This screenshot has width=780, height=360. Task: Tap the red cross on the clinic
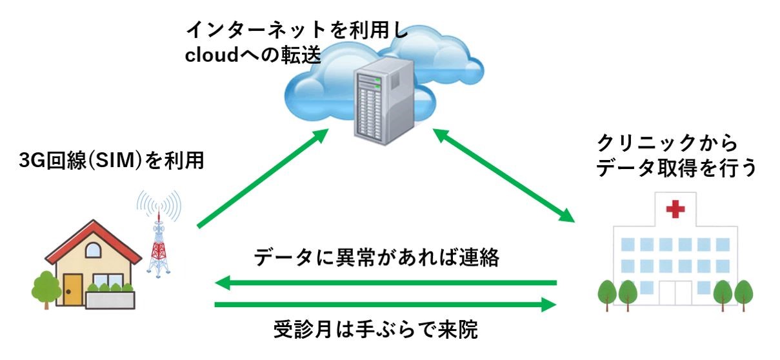[x=674, y=210]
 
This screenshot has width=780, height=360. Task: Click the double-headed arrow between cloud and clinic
[x=503, y=174]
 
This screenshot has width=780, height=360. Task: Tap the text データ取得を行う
[x=675, y=168]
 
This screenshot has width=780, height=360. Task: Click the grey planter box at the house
[x=110, y=299]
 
